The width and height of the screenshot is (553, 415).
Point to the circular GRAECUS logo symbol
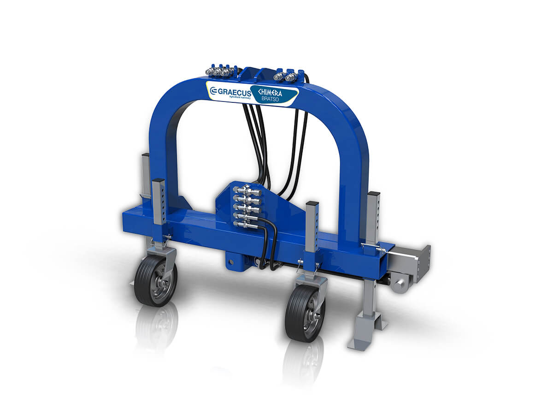click(213, 92)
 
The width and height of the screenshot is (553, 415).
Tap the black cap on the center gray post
click(312, 204)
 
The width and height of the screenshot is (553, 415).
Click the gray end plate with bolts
click(424, 263)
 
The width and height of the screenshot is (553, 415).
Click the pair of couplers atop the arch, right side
click(287, 75)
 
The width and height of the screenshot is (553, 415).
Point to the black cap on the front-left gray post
click(158, 181)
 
